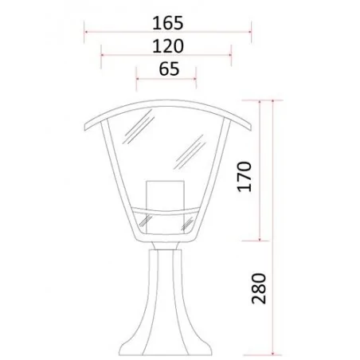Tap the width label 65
[168, 68]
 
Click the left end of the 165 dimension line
[85, 33]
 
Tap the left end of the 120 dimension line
[102, 57]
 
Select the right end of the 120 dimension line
[232, 57]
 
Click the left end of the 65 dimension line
[136, 79]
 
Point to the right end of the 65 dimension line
[196, 79]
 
